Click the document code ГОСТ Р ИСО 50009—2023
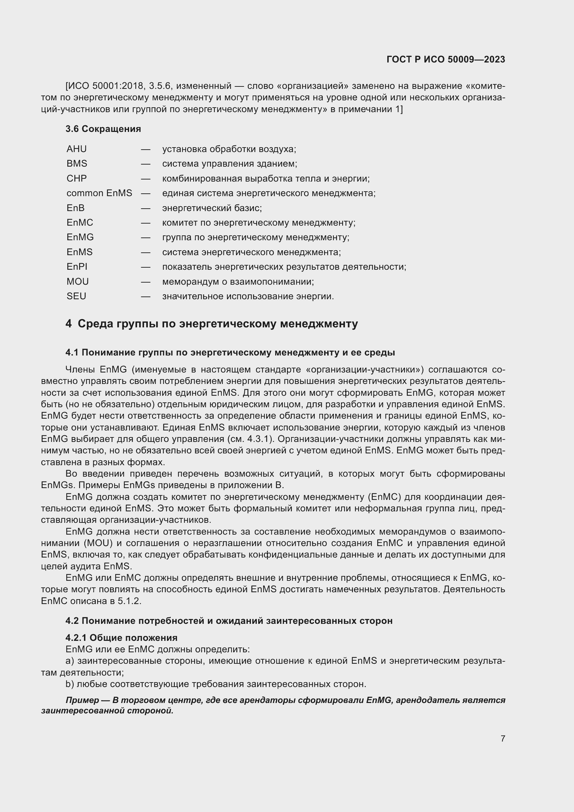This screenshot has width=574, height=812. click(x=446, y=59)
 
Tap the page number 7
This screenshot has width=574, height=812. click(x=503, y=738)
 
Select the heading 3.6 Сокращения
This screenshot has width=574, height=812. click(x=103, y=129)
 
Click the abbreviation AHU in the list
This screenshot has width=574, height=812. click(x=76, y=149)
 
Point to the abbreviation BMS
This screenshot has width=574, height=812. click(x=77, y=164)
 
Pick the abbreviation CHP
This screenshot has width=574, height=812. click(x=76, y=178)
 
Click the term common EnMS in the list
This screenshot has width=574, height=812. click(x=99, y=193)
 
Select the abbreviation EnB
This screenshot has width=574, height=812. click(x=75, y=208)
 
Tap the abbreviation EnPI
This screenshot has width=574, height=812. click(x=77, y=267)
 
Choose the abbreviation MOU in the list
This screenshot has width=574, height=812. click(x=77, y=282)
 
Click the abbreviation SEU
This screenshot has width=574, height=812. click(x=76, y=296)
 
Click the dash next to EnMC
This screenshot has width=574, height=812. click(x=146, y=223)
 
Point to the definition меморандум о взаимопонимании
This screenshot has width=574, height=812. click(x=238, y=282)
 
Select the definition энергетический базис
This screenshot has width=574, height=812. click(x=212, y=208)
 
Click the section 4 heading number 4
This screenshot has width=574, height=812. click(x=68, y=324)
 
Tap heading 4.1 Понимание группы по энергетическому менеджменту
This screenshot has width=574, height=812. click(x=230, y=353)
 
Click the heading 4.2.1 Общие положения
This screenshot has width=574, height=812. click(x=121, y=638)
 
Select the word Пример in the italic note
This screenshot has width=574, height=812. click(x=82, y=700)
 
